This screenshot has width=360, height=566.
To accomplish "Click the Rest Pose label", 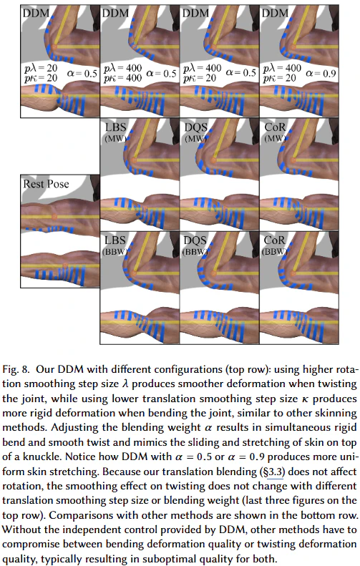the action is [46, 184].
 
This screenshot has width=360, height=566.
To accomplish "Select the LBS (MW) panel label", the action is [115, 132].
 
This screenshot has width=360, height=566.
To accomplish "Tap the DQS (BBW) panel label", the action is [195, 245].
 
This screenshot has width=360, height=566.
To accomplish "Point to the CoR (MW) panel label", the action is [275, 132].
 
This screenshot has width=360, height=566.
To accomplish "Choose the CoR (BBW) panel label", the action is [275, 245].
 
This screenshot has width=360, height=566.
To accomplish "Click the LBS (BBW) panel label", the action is [115, 245].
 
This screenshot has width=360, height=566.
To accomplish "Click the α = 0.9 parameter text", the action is [321, 74].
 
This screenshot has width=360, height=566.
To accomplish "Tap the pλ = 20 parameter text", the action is [41, 68].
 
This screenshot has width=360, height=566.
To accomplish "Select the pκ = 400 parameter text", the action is [123, 78].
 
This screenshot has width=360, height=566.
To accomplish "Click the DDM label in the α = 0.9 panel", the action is [275, 14].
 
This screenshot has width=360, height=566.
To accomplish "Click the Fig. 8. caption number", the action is [16, 369].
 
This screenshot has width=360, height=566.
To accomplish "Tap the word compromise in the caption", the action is [28, 545].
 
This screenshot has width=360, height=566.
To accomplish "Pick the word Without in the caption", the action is [18, 530].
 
